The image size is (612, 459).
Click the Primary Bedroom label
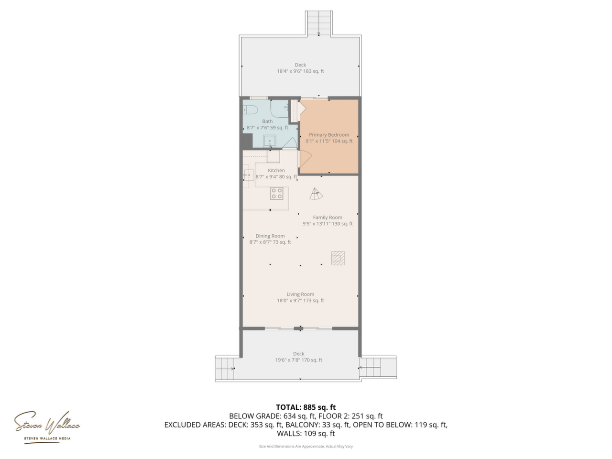(x=329, y=135)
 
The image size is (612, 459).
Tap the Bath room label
(x=267, y=121)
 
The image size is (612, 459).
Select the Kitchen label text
(x=276, y=171)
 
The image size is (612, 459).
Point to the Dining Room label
(x=270, y=236)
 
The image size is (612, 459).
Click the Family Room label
(x=328, y=218)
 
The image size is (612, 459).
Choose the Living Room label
(x=300, y=295)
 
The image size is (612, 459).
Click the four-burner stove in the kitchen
(x=276, y=194)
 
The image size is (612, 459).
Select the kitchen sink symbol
(x=249, y=175)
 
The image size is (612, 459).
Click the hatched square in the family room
(x=338, y=258)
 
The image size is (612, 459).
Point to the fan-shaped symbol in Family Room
(x=316, y=194)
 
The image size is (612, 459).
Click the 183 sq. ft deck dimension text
(x=300, y=71)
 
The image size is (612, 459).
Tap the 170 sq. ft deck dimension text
(x=299, y=360)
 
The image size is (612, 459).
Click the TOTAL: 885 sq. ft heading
(x=306, y=407)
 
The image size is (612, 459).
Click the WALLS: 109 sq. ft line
(x=306, y=434)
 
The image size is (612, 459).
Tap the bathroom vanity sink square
(x=270, y=142)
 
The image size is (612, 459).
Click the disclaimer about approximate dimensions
(x=306, y=447)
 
